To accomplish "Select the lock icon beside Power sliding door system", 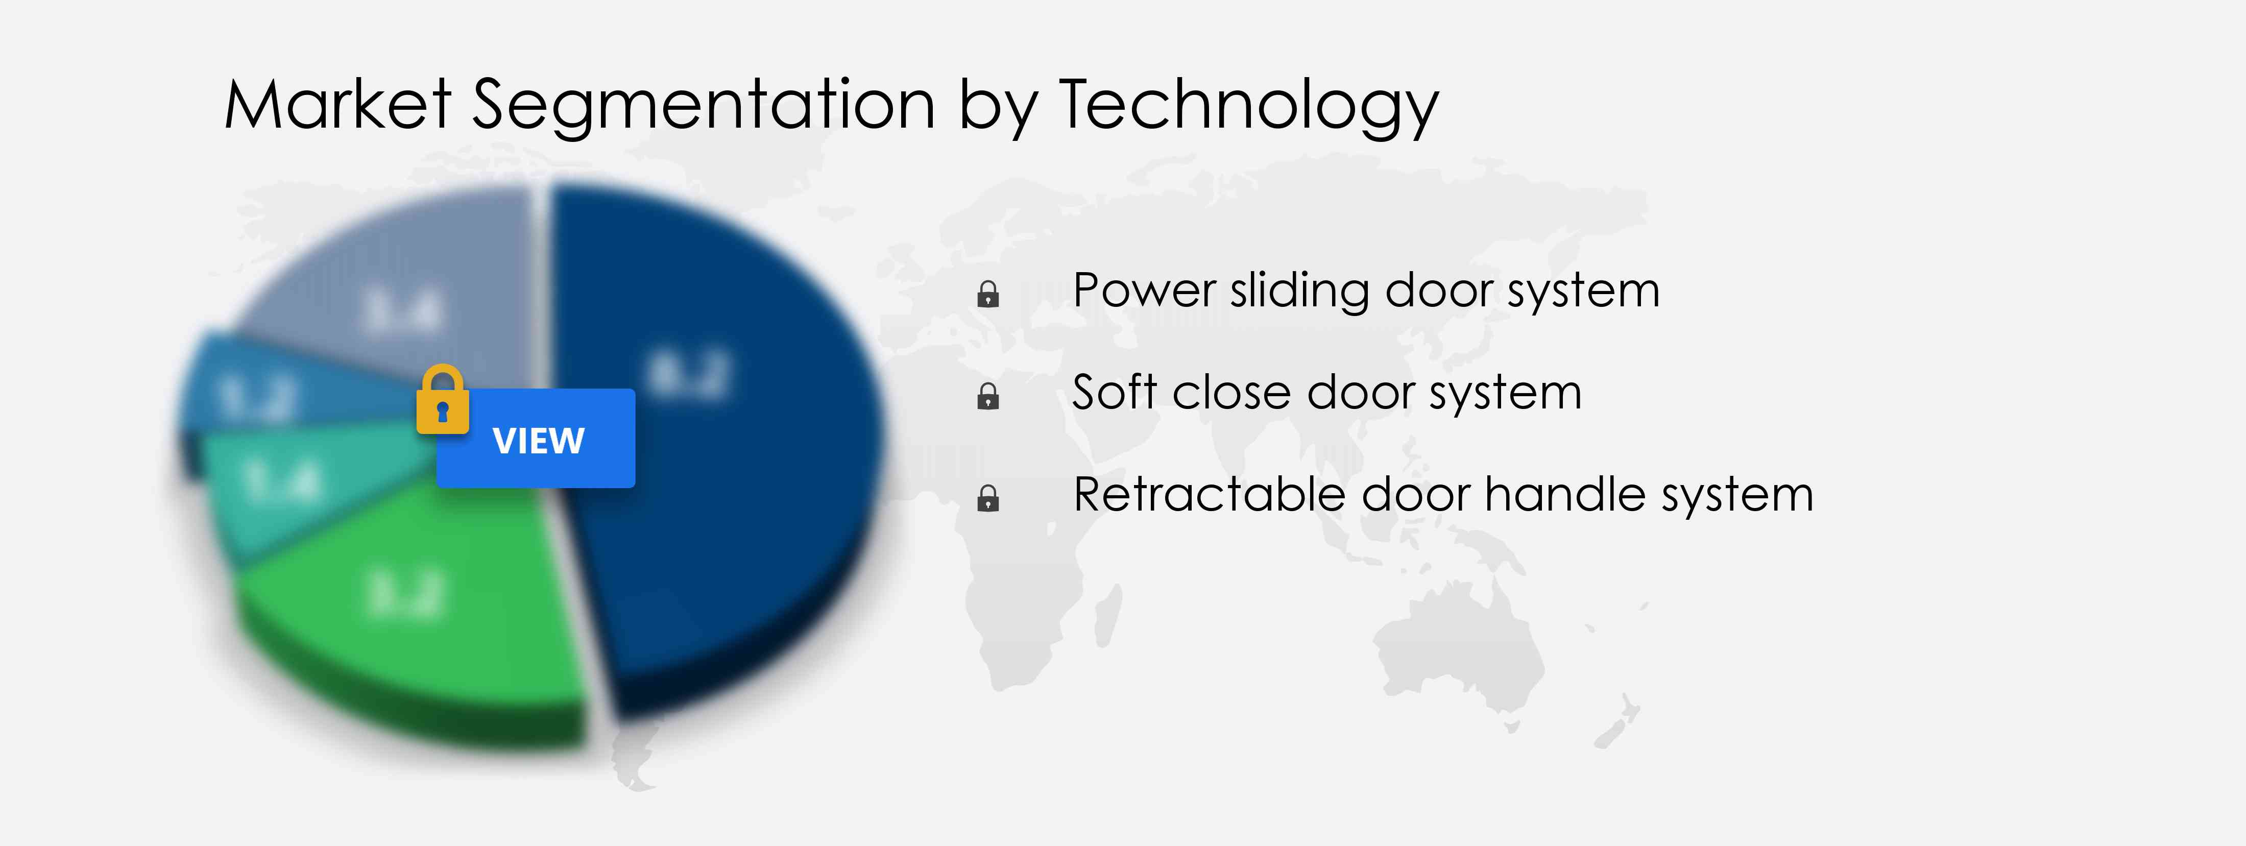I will tap(988, 295).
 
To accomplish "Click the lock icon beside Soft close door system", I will tap(988, 397).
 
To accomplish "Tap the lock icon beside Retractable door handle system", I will tap(988, 499).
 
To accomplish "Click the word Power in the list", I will tap(1144, 291).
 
